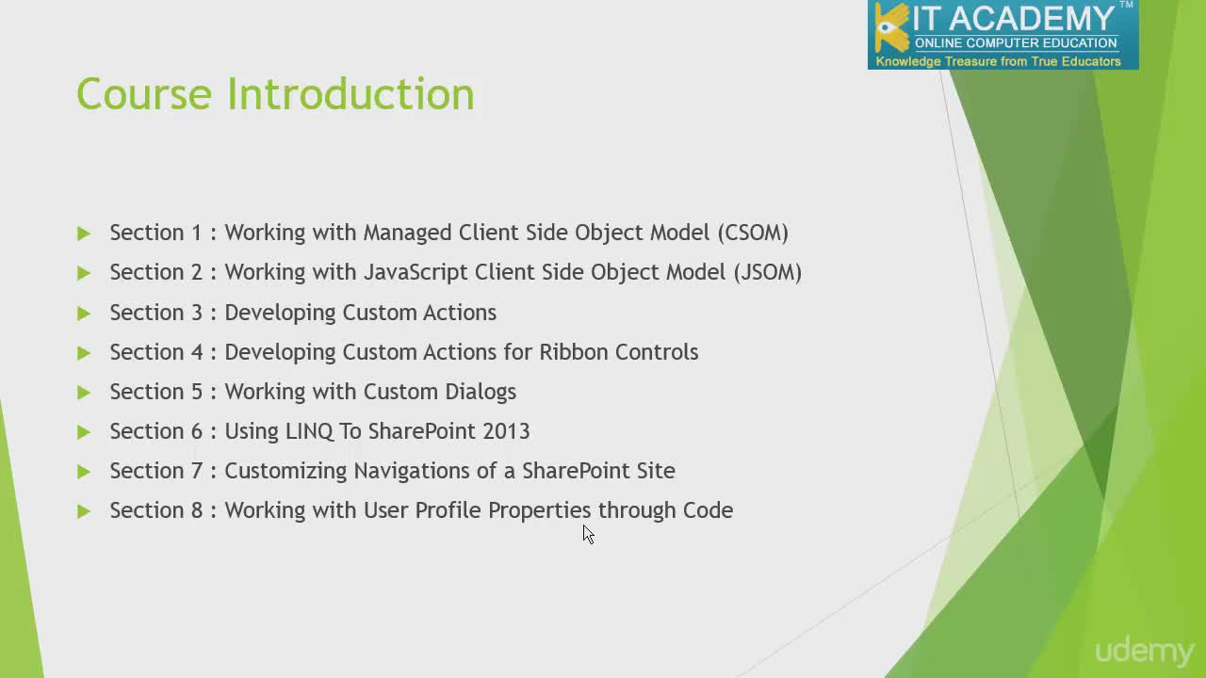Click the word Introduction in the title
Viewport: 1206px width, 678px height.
point(350,93)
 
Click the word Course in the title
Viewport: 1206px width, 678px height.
point(144,94)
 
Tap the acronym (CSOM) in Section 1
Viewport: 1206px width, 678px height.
point(753,233)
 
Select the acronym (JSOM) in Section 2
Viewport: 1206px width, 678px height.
point(768,272)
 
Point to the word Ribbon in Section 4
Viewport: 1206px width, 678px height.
point(574,352)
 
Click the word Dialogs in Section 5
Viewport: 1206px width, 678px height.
point(481,393)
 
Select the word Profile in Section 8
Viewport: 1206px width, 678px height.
point(448,510)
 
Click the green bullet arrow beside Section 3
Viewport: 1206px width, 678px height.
point(84,314)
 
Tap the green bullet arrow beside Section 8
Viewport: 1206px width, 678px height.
point(84,511)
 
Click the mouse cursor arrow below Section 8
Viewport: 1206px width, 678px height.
point(589,534)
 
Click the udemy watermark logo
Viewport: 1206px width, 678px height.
point(1145,652)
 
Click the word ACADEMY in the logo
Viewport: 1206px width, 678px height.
point(1031,19)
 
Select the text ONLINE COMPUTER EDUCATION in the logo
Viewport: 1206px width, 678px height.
point(1016,43)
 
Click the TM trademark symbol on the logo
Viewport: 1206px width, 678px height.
point(1126,5)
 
